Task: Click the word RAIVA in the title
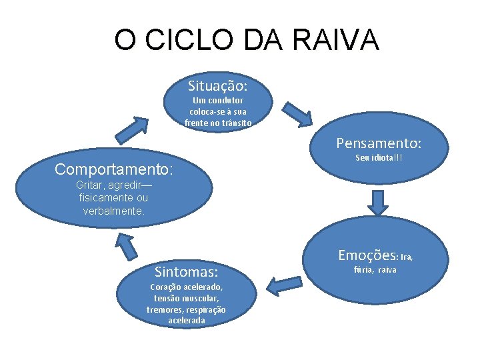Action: (337, 40)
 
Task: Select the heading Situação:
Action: (217, 86)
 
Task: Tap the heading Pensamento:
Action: (379, 143)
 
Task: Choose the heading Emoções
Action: (367, 255)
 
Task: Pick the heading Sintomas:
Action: (186, 272)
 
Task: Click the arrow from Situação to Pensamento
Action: (298, 114)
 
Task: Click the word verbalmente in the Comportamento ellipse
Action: (113, 211)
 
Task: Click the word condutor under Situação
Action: (224, 101)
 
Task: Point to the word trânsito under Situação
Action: (237, 123)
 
